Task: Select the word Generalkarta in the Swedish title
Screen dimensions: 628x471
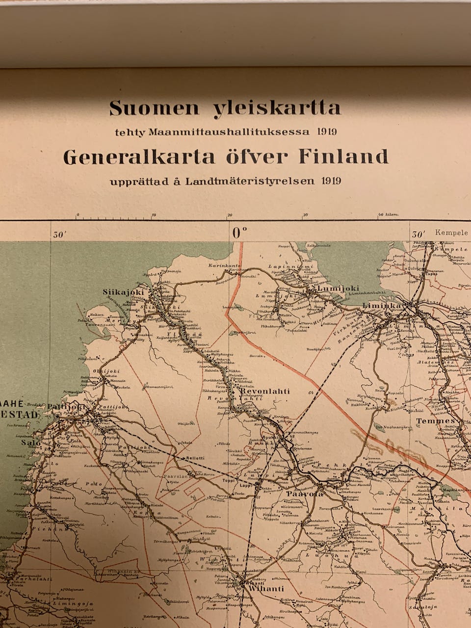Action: (139, 157)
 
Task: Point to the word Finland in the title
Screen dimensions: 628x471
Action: (343, 157)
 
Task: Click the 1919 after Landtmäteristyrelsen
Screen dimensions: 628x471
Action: (332, 180)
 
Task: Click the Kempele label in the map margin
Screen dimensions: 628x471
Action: (451, 233)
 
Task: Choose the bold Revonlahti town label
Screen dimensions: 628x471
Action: (264, 392)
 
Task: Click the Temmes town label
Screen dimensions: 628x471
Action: (436, 421)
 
